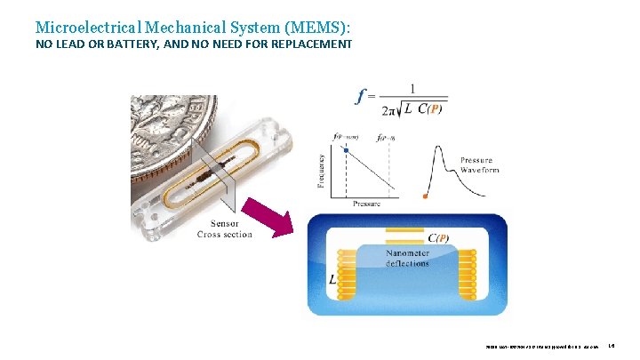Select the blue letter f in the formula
tap(359, 96)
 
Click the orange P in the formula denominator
tap(433, 110)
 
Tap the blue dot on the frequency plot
tap(346, 151)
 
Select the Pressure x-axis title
tap(365, 204)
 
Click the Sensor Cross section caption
tap(224, 228)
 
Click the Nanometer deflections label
tap(408, 259)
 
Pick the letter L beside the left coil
tap(332, 278)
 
